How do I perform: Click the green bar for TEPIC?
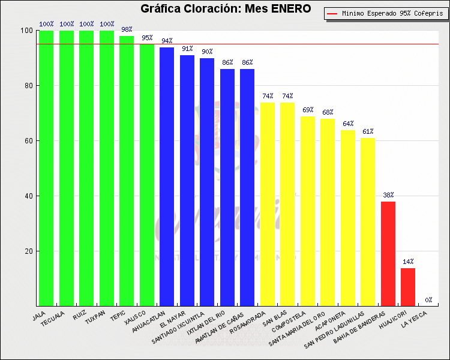click(127, 171)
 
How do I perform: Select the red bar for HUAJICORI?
click(408, 287)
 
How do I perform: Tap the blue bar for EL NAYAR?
click(187, 180)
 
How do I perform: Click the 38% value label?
click(388, 195)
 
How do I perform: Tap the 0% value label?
click(428, 300)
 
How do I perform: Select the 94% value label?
click(167, 41)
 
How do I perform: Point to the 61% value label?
click(368, 131)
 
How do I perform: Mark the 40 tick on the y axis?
click(28, 196)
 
